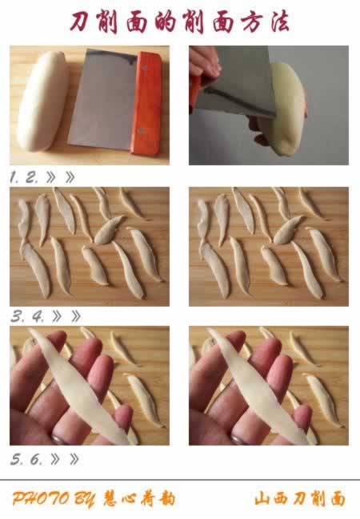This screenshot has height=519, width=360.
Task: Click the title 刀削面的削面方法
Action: (x=180, y=22)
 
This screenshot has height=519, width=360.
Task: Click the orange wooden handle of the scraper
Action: (x=147, y=103)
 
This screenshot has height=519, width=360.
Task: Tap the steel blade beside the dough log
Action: (x=103, y=100)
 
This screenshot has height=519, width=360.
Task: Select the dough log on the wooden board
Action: (x=42, y=101)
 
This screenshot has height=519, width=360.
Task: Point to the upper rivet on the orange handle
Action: (x=145, y=68)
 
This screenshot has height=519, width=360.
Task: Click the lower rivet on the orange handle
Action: (x=141, y=130)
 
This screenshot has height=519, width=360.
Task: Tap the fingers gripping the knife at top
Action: (x=204, y=61)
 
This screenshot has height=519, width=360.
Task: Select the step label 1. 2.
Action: (x=24, y=178)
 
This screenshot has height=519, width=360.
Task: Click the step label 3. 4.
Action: (x=27, y=317)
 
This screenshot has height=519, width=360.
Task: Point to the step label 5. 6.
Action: (x=26, y=459)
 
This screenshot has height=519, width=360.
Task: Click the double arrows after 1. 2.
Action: (x=60, y=178)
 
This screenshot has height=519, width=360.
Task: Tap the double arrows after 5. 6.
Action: (x=65, y=459)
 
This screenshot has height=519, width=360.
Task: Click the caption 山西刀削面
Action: (x=300, y=499)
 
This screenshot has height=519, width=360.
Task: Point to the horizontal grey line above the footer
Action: (x=180, y=480)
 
